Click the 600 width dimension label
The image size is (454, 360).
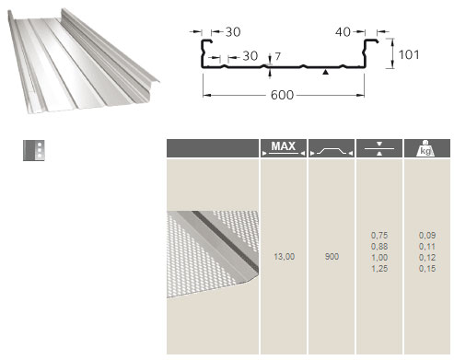(x=282, y=95)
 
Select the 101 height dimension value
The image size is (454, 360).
(x=409, y=54)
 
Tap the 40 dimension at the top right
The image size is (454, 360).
(x=343, y=31)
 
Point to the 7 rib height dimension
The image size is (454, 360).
(x=277, y=56)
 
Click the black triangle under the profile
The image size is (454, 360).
(x=326, y=72)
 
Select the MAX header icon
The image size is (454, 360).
(x=284, y=148)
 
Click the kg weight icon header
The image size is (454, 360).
(x=425, y=148)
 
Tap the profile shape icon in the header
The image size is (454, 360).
(x=332, y=151)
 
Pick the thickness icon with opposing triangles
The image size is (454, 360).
(x=379, y=148)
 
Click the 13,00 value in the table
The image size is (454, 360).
(x=284, y=257)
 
